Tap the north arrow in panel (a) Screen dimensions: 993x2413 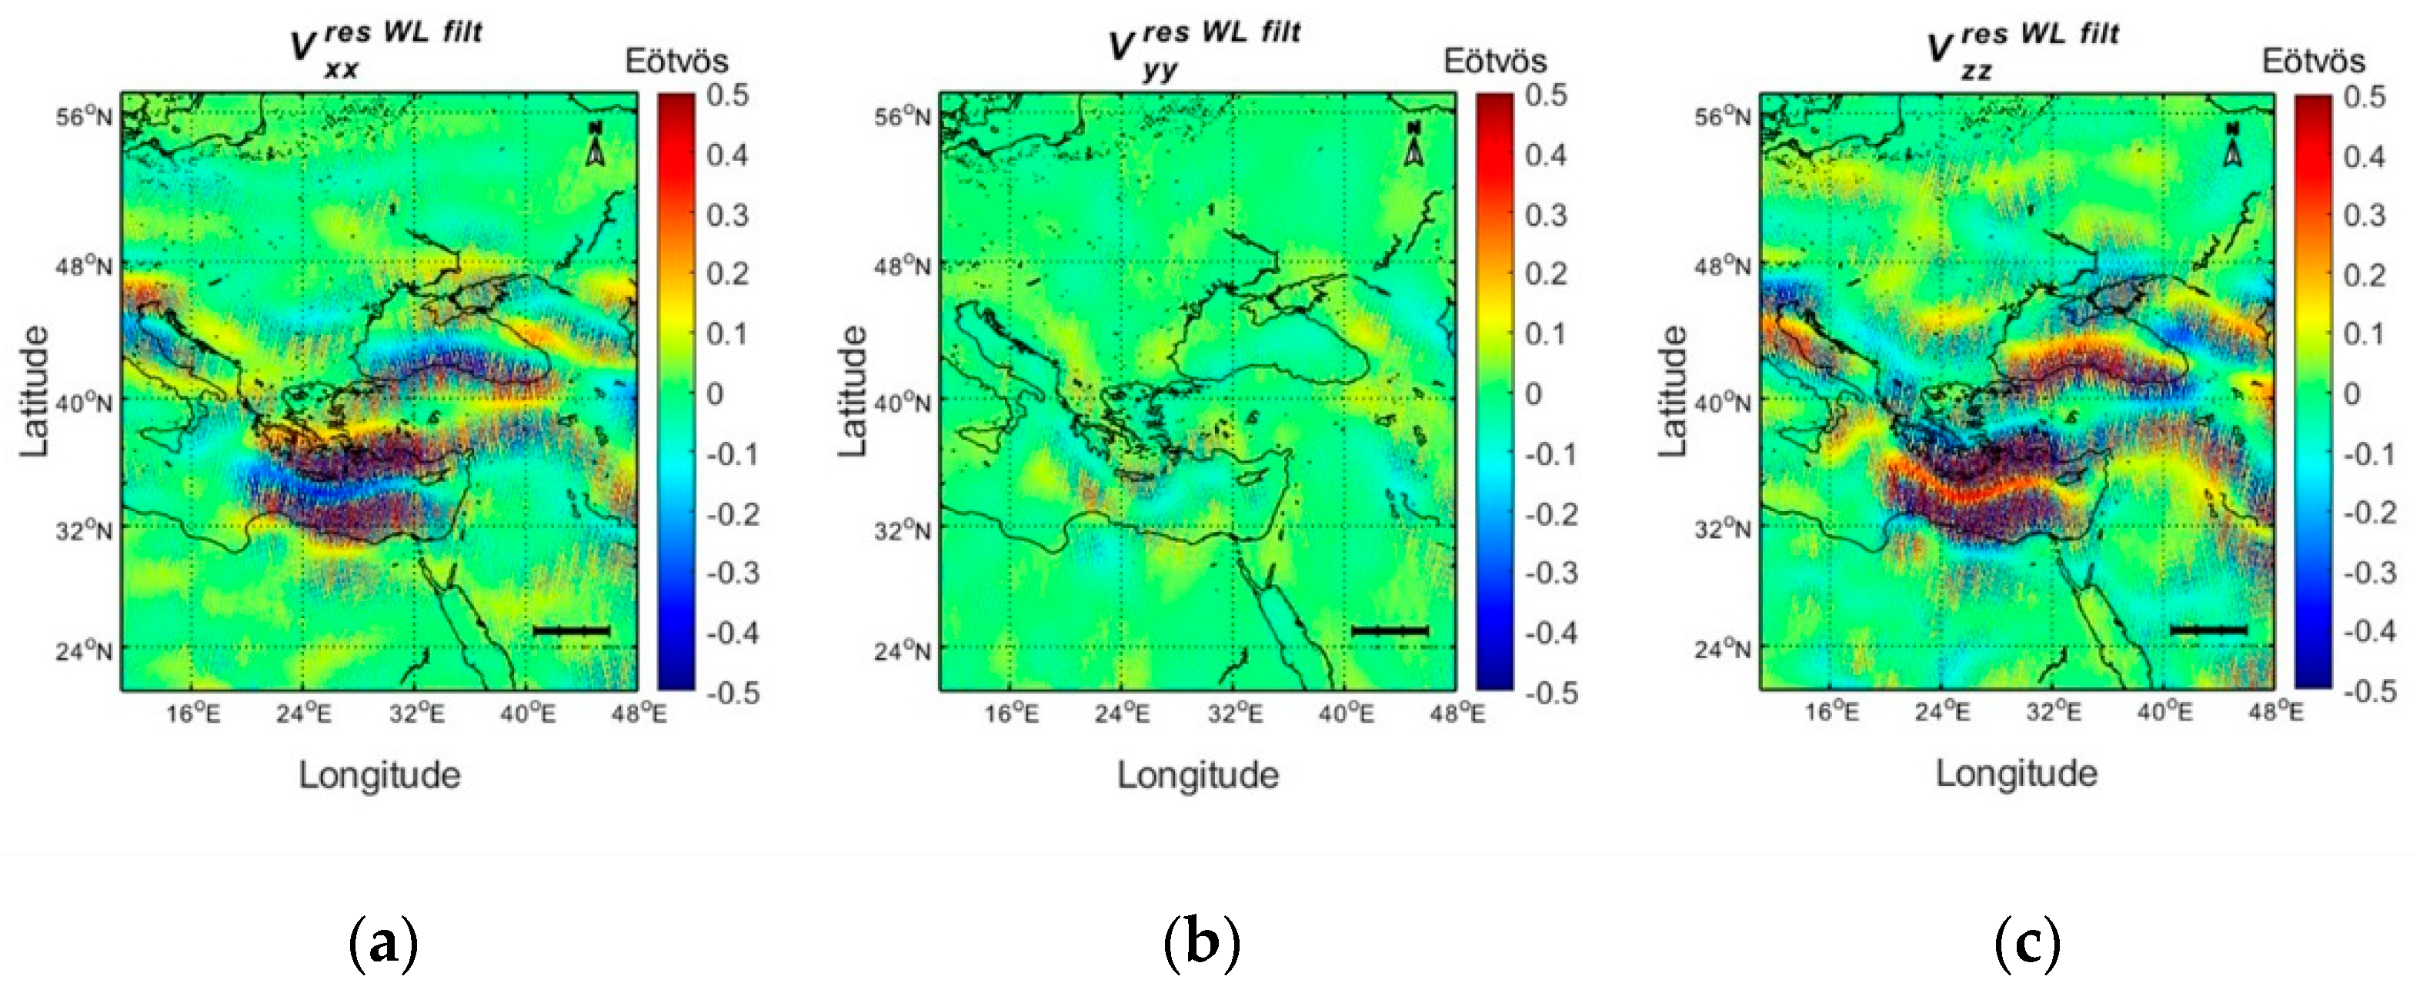pyautogui.click(x=595, y=143)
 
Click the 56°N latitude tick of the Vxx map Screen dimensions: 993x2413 pyautogui.click(x=85, y=117)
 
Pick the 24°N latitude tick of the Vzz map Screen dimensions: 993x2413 pyautogui.click(x=1722, y=648)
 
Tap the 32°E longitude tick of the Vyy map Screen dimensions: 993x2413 pyautogui.click(x=1235, y=714)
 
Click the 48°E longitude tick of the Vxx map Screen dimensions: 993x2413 pyautogui.click(x=639, y=714)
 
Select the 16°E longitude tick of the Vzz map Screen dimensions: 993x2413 pyautogui.click(x=1831, y=712)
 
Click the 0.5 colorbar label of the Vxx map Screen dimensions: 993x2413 pyautogui.click(x=728, y=95)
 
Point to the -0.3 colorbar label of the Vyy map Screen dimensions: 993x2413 pyautogui.click(x=1551, y=573)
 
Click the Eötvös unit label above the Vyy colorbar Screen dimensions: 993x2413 pyautogui.click(x=1495, y=61)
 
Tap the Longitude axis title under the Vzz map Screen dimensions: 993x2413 pyautogui.click(x=2017, y=774)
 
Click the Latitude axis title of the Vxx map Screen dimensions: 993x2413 pyautogui.click(x=35, y=392)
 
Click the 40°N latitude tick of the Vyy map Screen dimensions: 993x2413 pyautogui.click(x=903, y=403)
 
